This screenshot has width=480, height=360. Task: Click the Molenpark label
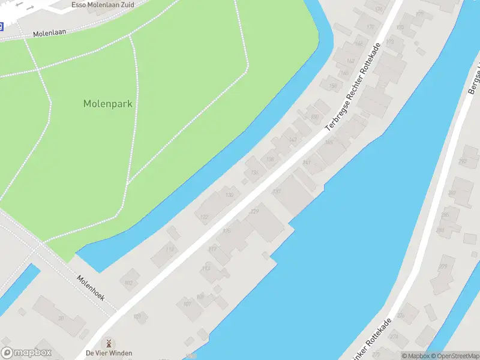click(107, 103)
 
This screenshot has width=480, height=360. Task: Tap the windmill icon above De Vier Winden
click(109, 343)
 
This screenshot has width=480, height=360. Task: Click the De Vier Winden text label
click(109, 353)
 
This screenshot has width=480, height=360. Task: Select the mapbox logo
click(26, 353)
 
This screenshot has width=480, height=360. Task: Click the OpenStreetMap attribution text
click(458, 356)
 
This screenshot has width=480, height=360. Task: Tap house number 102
click(128, 282)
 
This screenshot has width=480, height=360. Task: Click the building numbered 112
click(170, 249)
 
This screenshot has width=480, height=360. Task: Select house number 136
click(270, 159)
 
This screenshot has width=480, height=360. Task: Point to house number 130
click(229, 195)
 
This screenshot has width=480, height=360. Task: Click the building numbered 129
click(254, 211)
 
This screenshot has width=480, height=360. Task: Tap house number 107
click(187, 304)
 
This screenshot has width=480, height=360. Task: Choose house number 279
click(443, 266)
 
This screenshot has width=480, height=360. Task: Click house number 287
click(463, 161)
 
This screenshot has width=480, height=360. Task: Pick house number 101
click(137, 316)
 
